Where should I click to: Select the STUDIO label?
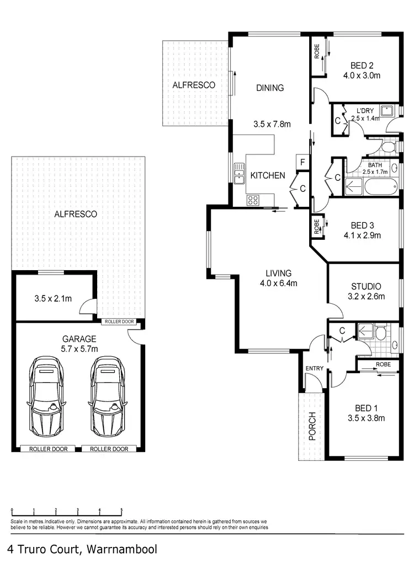(x=366, y=286)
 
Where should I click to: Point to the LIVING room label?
(x=278, y=273)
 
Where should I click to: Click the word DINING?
(x=270, y=88)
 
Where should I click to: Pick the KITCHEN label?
(x=268, y=175)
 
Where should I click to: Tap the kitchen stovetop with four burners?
(x=253, y=200)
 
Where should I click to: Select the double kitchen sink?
(x=239, y=173)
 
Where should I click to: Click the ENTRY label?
(x=312, y=368)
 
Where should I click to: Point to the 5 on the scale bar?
(x=121, y=511)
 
